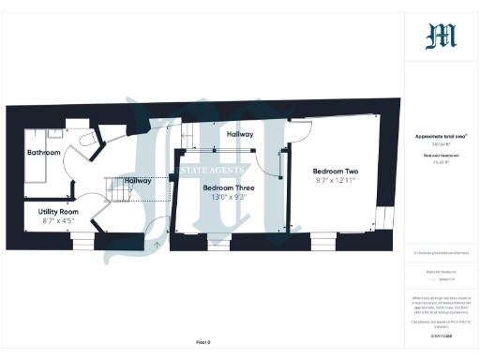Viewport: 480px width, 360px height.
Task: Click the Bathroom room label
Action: click(43, 152)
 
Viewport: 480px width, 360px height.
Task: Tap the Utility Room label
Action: click(59, 212)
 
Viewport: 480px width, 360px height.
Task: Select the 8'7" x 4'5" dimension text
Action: click(59, 222)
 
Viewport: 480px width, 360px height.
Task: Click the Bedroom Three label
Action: click(229, 187)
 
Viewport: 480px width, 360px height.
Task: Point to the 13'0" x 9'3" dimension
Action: click(229, 198)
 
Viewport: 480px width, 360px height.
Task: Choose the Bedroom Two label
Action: click(335, 172)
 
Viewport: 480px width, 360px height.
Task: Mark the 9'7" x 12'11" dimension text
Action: click(335, 182)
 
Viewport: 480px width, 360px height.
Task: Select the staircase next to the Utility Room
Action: click(120, 190)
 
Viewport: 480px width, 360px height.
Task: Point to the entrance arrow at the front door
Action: click(156, 246)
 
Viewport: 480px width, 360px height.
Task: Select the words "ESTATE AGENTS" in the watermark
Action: click(214, 170)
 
